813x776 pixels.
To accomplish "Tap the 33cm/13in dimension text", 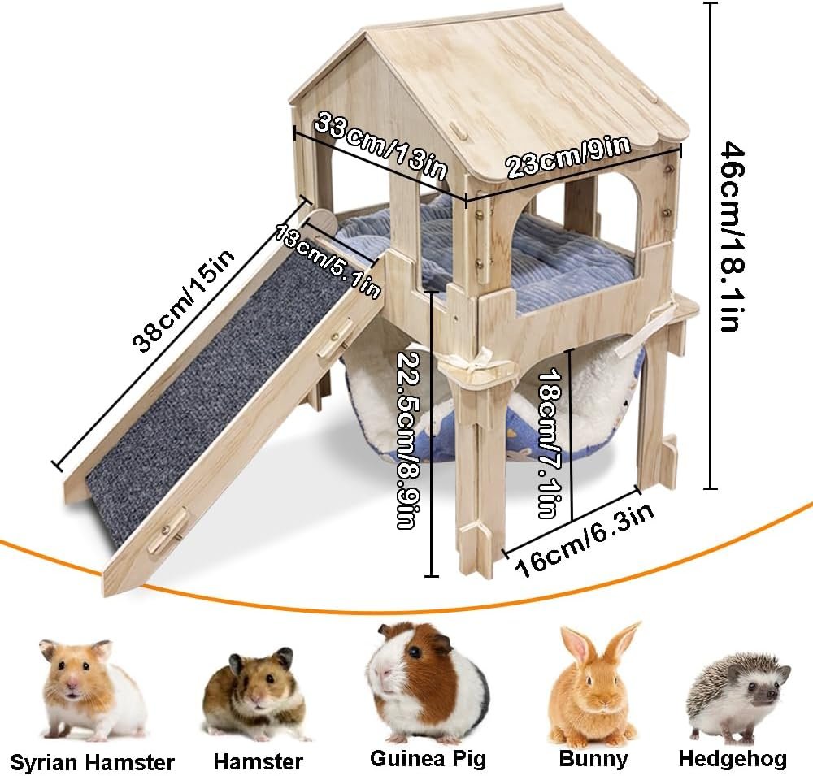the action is (x=380, y=145).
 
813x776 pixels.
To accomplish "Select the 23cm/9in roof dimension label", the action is (x=568, y=156).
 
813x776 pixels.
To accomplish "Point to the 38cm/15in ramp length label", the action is (x=183, y=300).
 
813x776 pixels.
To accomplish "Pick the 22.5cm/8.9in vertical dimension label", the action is (x=406, y=440).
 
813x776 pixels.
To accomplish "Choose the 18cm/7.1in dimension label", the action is (x=547, y=443).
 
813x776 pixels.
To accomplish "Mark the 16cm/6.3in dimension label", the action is (x=585, y=540).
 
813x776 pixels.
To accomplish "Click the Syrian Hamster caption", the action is (x=92, y=762).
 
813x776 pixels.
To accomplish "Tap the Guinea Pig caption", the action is (x=428, y=759).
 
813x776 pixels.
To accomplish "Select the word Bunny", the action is (x=593, y=759).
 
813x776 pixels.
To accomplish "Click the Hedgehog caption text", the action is (x=733, y=759).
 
